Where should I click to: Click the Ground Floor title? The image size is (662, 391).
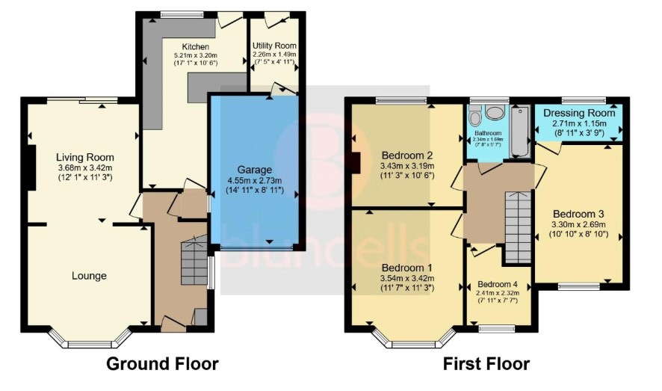coord(163,363)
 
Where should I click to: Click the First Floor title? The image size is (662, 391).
coord(486,363)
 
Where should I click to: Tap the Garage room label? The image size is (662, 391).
coord(255,170)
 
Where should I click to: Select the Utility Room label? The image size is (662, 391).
coord(274,46)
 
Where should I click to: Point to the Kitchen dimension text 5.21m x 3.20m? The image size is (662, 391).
coord(196,55)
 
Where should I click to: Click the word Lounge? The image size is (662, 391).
coord(89,276)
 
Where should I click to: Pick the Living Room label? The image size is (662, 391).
coord(85,158)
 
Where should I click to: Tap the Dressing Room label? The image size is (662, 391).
coord(579,113)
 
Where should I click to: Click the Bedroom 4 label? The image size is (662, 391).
coord(498,284)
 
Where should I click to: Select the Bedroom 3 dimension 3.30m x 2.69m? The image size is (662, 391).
coord(579,224)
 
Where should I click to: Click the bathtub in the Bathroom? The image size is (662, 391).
coord(520,132)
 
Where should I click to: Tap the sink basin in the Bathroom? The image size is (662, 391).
coord(495,112)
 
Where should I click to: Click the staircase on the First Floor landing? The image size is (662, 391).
coord(518,227)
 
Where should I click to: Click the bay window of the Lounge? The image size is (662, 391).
coord(89,338)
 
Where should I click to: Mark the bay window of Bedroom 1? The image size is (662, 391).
coord(414,338)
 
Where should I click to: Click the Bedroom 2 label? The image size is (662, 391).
coord(407,155)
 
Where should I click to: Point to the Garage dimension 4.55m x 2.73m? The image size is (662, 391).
coord(255,181)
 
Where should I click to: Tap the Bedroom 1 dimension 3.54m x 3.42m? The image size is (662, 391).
coord(407,279)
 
